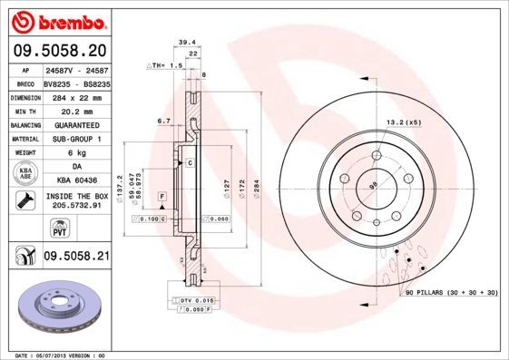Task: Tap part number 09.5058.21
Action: coord(76,258)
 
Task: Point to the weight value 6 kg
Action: coord(75,153)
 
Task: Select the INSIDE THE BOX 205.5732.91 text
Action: coord(76,200)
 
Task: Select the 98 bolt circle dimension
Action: coord(371,187)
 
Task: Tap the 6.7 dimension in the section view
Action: coord(163,121)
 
